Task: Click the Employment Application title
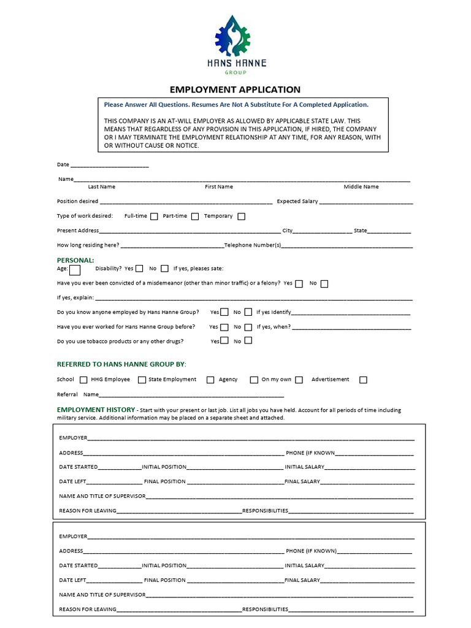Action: (235, 90)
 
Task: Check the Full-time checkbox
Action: (154, 216)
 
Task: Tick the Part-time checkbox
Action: (195, 216)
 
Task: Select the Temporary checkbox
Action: (241, 216)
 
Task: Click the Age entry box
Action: (75, 269)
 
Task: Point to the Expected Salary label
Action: (297, 201)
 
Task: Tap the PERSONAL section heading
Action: (75, 260)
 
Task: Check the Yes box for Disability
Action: (140, 268)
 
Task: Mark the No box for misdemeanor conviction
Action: (324, 283)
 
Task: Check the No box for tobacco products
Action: (248, 340)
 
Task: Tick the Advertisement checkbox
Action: (363, 380)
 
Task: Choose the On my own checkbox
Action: (299, 380)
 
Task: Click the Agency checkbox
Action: (210, 380)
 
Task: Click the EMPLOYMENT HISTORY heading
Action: (96, 409)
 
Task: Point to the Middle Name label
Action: (361, 186)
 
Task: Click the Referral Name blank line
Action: (191, 395)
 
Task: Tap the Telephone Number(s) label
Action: (253, 245)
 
